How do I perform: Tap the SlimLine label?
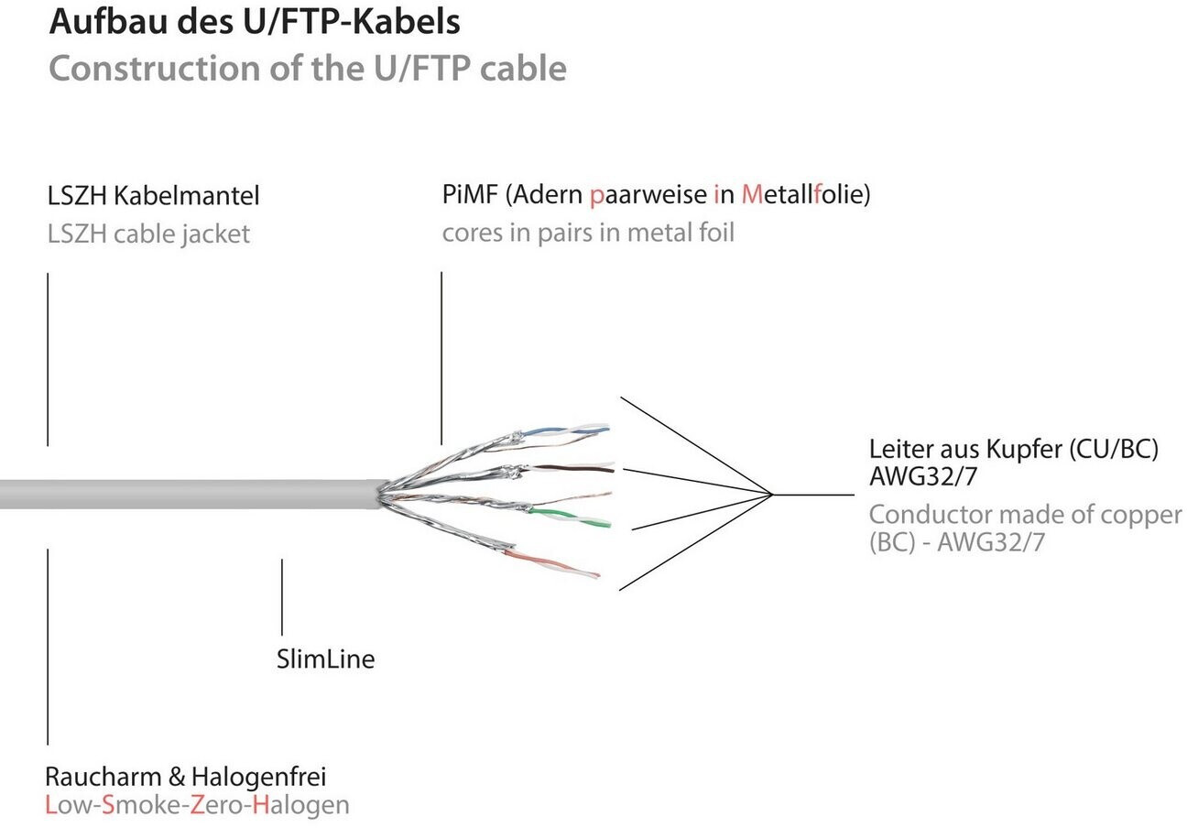coord(325,659)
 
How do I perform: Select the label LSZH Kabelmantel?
coord(153,195)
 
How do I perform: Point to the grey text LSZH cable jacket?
coord(148,234)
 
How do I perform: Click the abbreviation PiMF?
coord(470,194)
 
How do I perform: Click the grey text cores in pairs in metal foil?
coord(588,232)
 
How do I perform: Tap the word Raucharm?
coord(103,777)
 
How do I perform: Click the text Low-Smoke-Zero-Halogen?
coord(197,805)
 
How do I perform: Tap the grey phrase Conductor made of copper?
coord(1025,515)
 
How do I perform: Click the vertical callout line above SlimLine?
coord(282,596)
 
